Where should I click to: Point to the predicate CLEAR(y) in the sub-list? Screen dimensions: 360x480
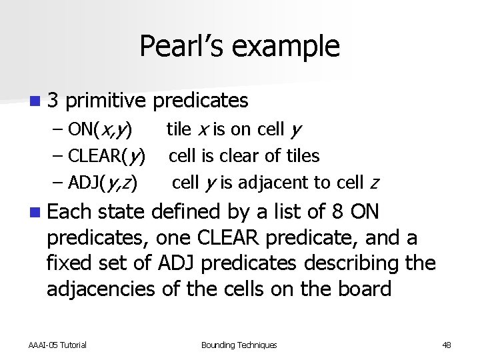[x=106, y=156]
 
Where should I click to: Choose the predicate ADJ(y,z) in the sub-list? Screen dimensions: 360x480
[x=101, y=183]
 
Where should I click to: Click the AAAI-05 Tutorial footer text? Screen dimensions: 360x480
[x=57, y=345]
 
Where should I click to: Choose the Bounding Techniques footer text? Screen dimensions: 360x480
[x=239, y=345]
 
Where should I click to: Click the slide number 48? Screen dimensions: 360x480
[x=446, y=345]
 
